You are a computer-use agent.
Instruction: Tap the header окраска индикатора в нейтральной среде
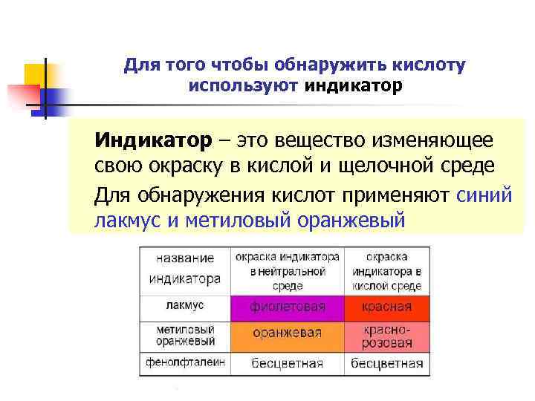287,270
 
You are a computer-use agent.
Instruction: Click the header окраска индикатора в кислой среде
386,270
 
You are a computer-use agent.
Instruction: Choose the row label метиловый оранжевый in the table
185,335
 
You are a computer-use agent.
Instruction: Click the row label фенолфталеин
186,363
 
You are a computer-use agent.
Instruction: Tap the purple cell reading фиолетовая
288,307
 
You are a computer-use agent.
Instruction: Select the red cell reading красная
386,307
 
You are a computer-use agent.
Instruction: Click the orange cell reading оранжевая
288,334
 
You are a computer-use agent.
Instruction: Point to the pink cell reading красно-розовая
386,336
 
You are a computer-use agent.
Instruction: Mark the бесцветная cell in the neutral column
288,364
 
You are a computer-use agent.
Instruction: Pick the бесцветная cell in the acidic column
386,364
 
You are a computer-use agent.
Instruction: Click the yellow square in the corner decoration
36,75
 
